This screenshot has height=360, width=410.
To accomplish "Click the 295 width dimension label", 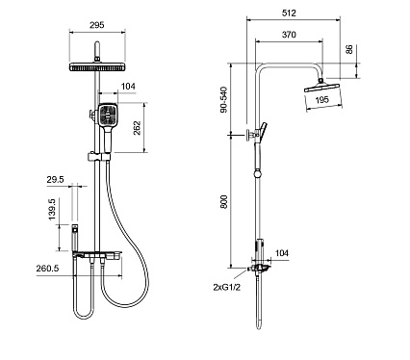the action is coord(96,25).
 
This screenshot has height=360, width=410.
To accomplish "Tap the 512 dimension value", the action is coord(289,13).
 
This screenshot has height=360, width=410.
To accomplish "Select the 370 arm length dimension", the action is coord(289,35).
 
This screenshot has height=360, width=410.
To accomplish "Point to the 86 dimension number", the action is coord(349,49).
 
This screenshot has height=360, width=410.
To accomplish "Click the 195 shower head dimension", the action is coord(321,100).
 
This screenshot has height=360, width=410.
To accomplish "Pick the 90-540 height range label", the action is coord(223,99).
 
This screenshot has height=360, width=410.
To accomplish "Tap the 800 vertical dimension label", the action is coord(223,201).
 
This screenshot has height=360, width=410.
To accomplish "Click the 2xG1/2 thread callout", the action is coord(226,287).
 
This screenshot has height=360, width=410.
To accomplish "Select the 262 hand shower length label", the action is coord(137,128).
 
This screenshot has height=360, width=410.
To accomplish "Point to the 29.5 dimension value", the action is coord(55,180).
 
